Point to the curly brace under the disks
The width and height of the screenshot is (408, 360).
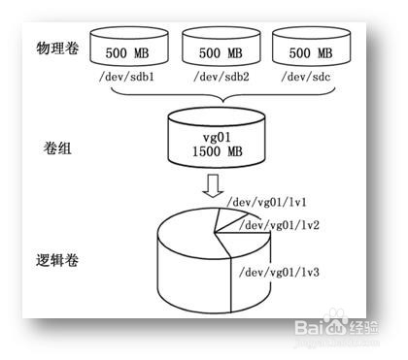coord(220,97)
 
